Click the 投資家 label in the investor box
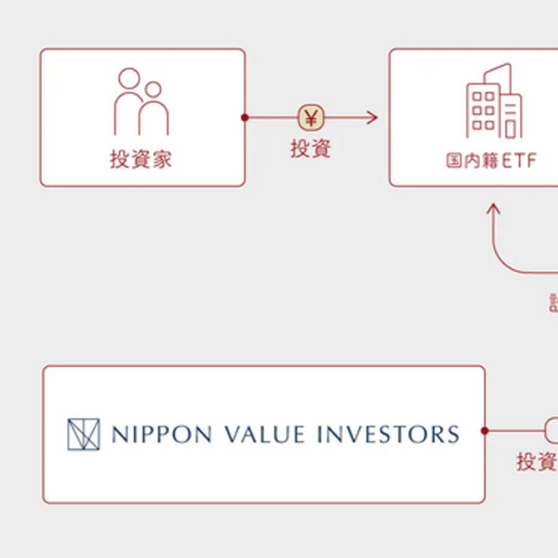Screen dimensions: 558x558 coord(141,160)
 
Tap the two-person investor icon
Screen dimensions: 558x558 coord(141,102)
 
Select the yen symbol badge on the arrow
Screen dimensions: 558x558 coord(311,118)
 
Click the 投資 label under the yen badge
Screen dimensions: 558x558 coord(310,149)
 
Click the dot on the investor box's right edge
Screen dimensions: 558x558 coord(245,118)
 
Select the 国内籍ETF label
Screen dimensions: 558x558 coord(491,161)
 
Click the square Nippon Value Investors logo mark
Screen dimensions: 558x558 coord(83,434)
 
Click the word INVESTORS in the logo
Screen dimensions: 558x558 coord(388,434)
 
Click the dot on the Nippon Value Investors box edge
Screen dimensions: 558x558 coord(485,430)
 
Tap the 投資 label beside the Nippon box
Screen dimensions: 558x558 coord(535,461)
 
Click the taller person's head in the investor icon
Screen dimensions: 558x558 coord(129,79)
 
